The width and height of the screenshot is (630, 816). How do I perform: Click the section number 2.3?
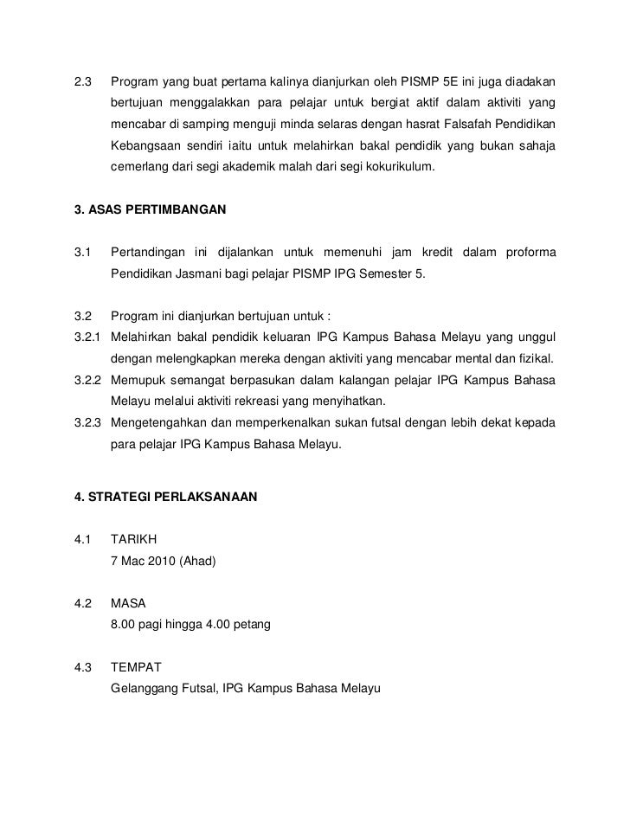pyautogui.click(x=84, y=83)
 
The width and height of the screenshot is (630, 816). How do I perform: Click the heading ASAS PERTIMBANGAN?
pyautogui.click(x=160, y=210)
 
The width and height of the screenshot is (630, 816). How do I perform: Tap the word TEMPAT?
pyautogui.click(x=137, y=668)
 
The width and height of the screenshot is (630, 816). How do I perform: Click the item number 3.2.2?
pyautogui.click(x=90, y=381)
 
